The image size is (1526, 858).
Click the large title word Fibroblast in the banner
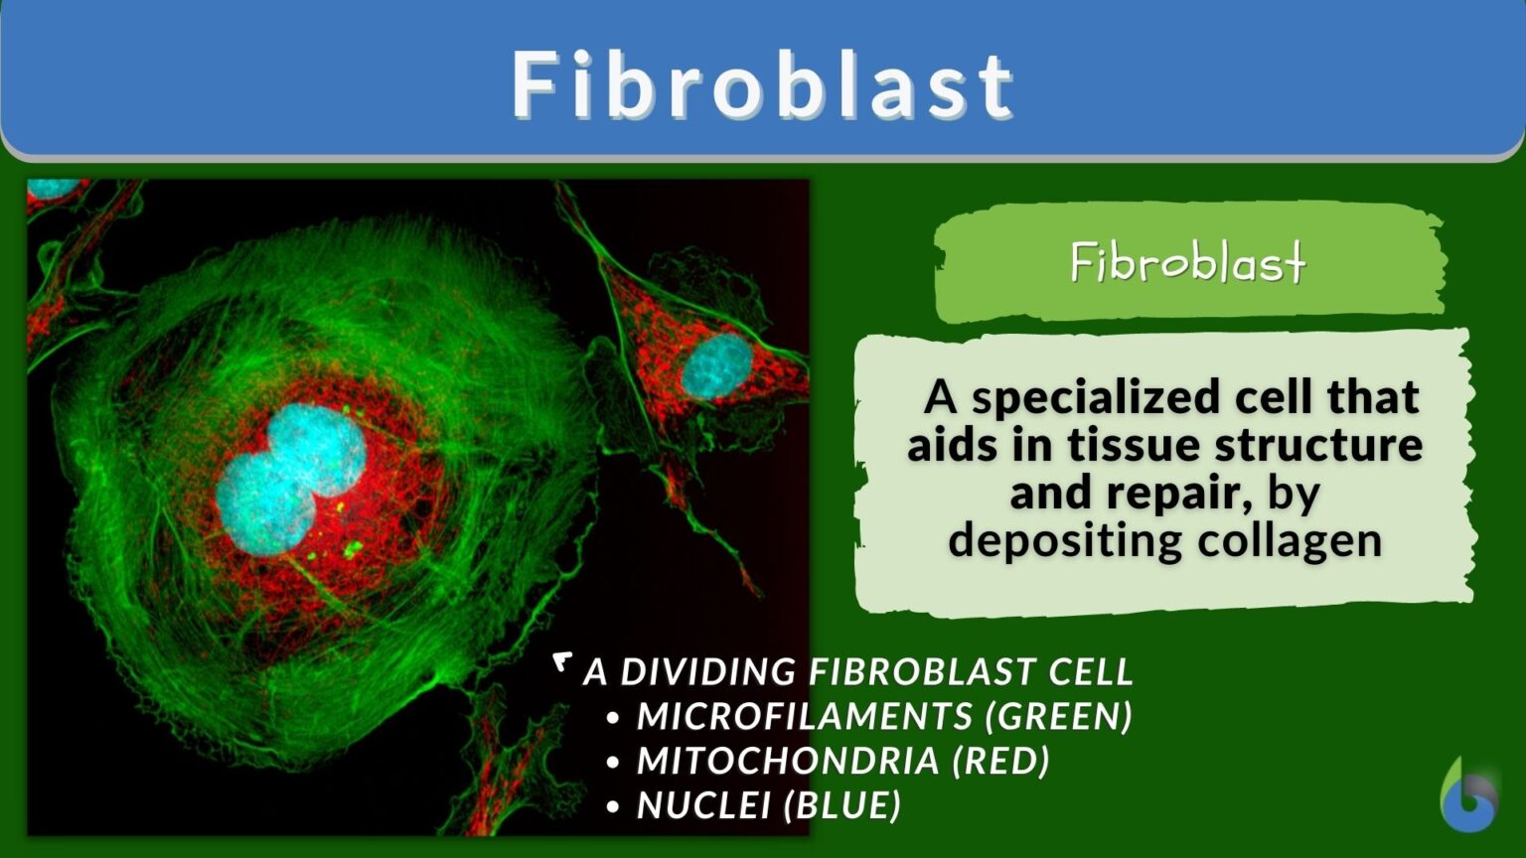coord(763,85)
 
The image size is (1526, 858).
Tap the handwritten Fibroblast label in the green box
coord(1188,263)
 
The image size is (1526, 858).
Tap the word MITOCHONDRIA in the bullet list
coord(788,761)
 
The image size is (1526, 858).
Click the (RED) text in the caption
coord(1000,761)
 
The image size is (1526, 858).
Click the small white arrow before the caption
coord(563,661)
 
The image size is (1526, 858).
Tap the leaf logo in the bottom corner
coord(1468,795)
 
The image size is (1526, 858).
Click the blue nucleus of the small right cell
coord(716,365)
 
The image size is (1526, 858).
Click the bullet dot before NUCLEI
coord(613,806)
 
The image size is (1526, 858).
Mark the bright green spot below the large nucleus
coord(352,547)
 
